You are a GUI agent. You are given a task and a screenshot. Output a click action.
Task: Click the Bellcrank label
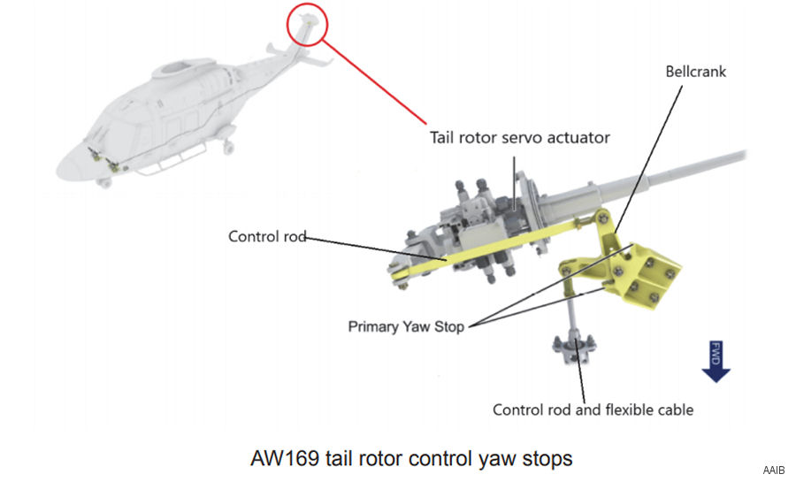[695, 72]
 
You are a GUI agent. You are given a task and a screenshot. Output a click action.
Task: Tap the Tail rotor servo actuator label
[519, 137]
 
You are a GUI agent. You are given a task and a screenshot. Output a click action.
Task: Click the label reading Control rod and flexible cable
[593, 409]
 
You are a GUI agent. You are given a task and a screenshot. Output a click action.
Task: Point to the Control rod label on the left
[266, 236]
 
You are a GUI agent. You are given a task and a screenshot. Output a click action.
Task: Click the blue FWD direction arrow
[716, 362]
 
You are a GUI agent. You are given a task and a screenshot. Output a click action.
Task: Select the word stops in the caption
[548, 458]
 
